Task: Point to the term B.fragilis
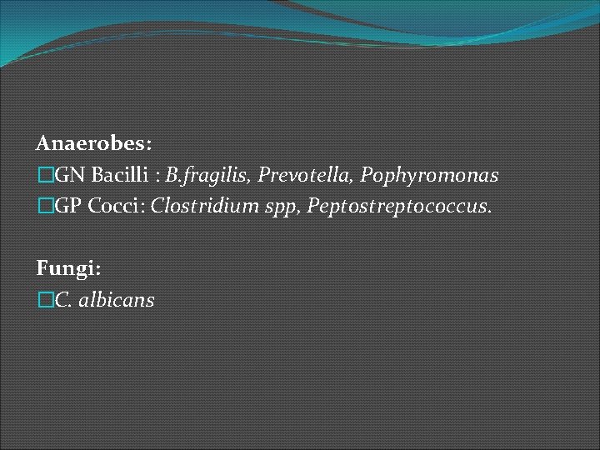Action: [207, 176]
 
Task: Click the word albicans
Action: [117, 300]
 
